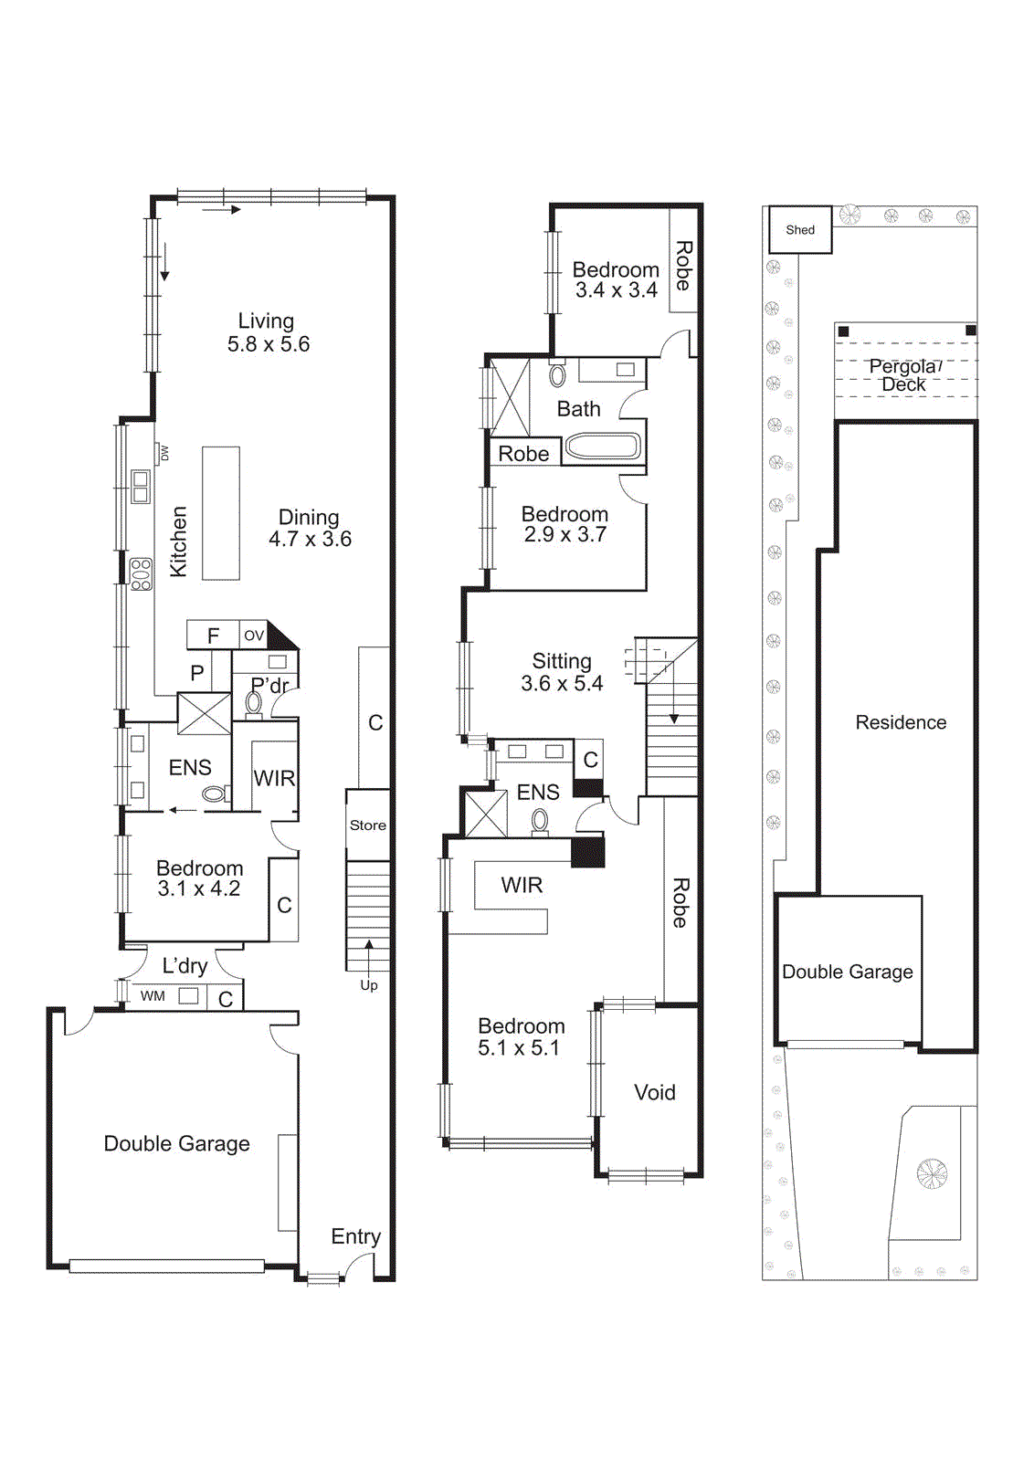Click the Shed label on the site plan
800,230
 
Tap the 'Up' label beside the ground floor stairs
368,985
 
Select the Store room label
368,825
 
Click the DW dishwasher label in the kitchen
164,453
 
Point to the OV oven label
254,635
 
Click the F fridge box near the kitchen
213,636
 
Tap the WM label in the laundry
153,996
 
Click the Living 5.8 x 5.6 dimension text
269,344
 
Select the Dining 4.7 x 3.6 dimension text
310,539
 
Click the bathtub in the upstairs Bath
602,447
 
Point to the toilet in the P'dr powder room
254,705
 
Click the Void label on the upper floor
655,1092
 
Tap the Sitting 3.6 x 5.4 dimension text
562,683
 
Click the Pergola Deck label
903,375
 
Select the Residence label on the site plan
901,722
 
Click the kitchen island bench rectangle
220,512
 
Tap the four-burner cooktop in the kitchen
141,574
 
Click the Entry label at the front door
355,1236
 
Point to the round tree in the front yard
932,1173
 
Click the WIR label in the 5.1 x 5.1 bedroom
522,885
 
